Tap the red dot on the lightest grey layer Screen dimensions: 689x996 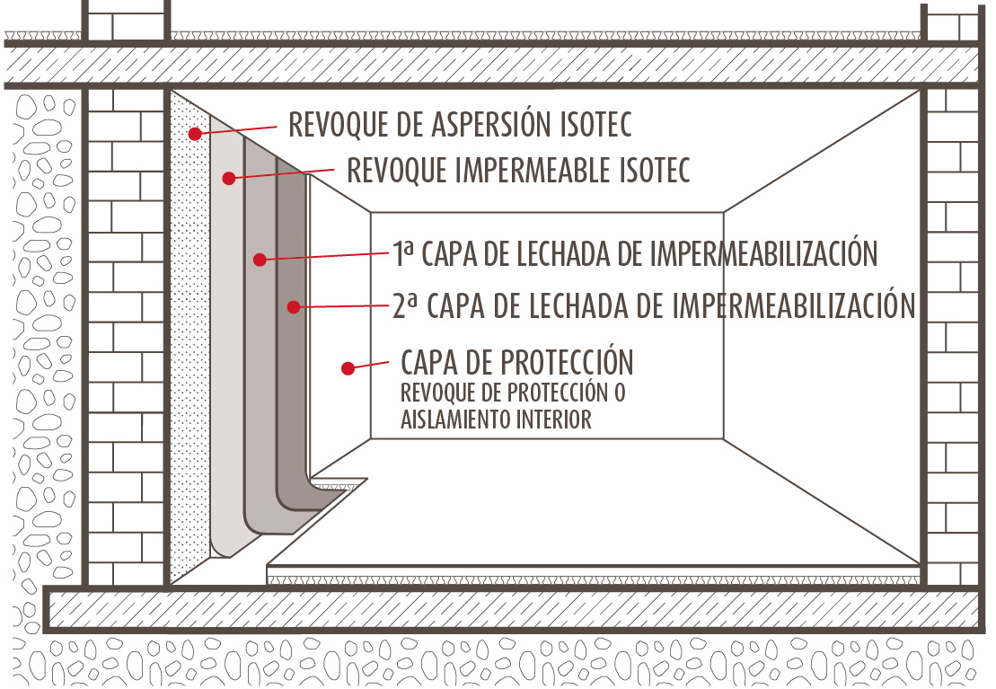pyautogui.click(x=229, y=178)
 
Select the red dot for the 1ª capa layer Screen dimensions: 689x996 pyautogui.click(x=259, y=260)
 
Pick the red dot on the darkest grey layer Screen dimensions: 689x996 pyautogui.click(x=293, y=307)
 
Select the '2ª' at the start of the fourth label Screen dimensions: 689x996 pyautogui.click(x=406, y=305)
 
